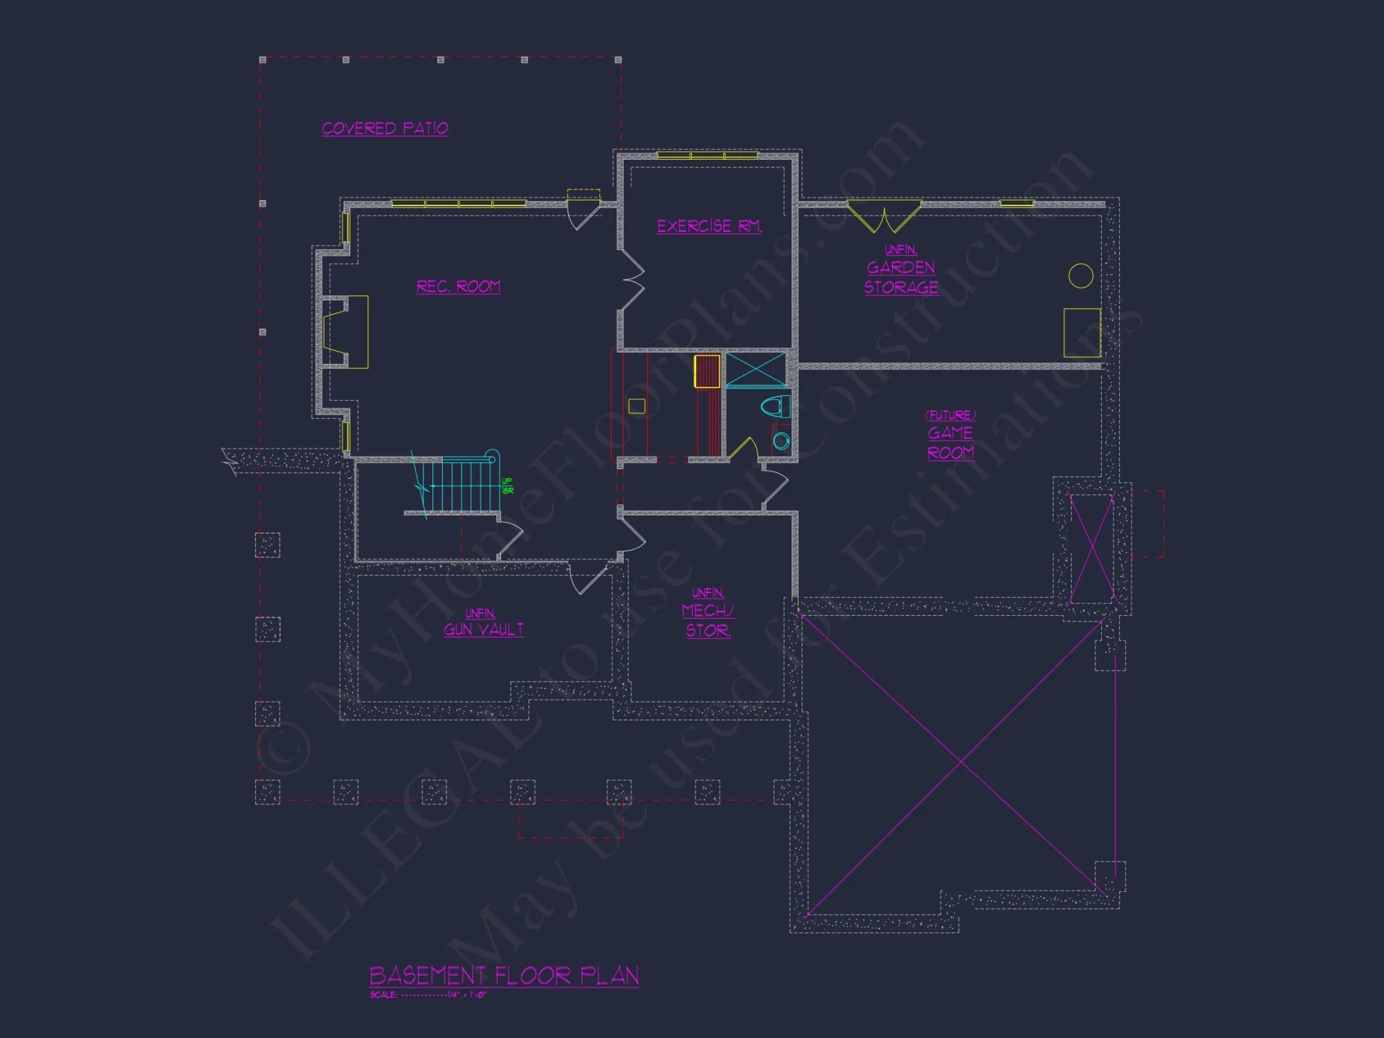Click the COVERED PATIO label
pyautogui.click(x=385, y=129)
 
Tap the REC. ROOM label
pyautogui.click(x=458, y=286)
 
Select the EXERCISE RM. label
pyautogui.click(x=709, y=226)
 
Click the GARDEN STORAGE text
pyautogui.click(x=901, y=277)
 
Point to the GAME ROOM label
pyautogui.click(x=951, y=443)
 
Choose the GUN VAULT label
pyautogui.click(x=483, y=629)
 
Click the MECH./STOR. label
pyautogui.click(x=707, y=620)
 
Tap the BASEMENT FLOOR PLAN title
pyautogui.click(x=504, y=976)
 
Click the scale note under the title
pyautogui.click(x=428, y=995)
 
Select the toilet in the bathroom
pyautogui.click(x=776, y=406)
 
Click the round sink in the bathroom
pyautogui.click(x=781, y=440)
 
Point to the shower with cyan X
pyautogui.click(x=756, y=370)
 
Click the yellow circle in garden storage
pyautogui.click(x=1080, y=275)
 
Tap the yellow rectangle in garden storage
pyautogui.click(x=1082, y=332)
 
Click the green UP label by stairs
pyautogui.click(x=507, y=486)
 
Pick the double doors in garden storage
pyautogui.click(x=884, y=217)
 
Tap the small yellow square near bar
pyautogui.click(x=637, y=406)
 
